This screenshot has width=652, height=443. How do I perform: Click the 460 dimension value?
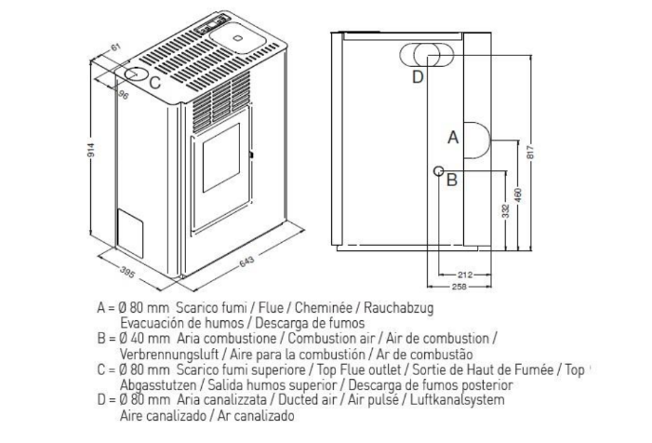517,195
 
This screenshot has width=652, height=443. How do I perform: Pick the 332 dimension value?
504,210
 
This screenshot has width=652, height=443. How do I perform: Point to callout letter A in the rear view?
453,138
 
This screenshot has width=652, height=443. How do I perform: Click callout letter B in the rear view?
451,181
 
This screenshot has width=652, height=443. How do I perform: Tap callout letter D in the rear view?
418,76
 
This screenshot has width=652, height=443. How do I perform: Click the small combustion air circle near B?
438,170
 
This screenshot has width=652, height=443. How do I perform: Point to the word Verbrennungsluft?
163,354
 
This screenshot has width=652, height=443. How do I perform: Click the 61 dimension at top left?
116,47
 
